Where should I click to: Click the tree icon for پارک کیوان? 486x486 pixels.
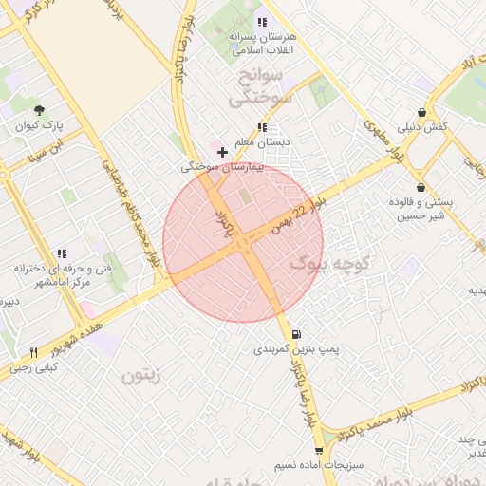tap(39, 111)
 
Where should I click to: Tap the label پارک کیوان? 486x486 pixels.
tap(39, 126)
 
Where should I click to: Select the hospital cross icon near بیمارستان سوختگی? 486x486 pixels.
tap(222, 151)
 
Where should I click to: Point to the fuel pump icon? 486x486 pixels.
tap(298, 334)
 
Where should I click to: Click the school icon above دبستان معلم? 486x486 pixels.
tap(262, 127)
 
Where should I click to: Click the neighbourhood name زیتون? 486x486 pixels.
tap(142, 376)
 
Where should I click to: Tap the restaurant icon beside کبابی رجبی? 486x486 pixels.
tap(33, 352)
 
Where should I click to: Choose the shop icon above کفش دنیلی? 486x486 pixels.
tap(421, 111)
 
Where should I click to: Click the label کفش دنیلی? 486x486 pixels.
tap(421, 126)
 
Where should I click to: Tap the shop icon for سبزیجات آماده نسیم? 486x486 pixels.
tap(319, 451)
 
